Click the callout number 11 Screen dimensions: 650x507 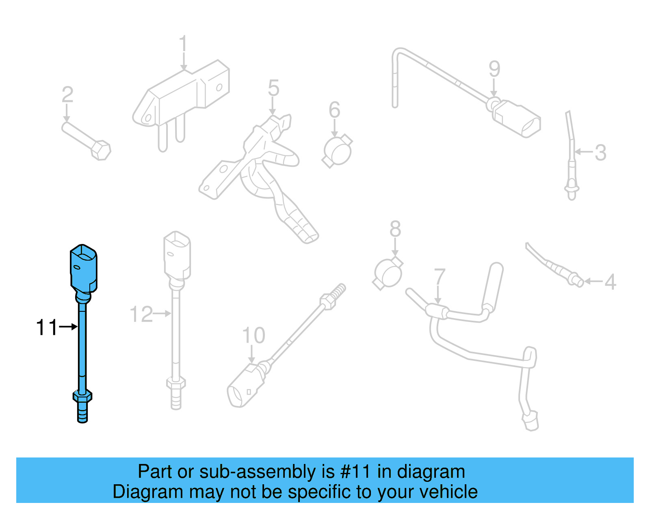[47, 327]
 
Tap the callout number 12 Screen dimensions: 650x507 [141, 314]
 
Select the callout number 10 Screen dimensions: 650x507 [253, 335]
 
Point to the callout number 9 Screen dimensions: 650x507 [494, 69]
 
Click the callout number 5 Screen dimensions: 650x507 [273, 88]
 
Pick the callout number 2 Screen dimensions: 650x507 [67, 95]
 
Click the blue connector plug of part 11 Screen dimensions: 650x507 [84, 268]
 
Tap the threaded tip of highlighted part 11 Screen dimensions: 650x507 [82, 413]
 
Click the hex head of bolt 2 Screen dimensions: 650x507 [101, 150]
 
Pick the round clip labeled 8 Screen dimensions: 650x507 [388, 273]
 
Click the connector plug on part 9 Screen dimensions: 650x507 [518, 118]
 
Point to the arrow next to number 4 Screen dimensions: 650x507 [593, 281]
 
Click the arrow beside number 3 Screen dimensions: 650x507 [583, 152]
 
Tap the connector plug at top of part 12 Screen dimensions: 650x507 [177, 256]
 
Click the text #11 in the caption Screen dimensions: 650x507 [355, 472]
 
